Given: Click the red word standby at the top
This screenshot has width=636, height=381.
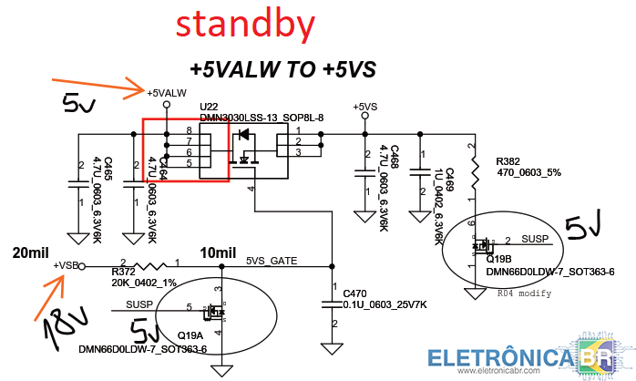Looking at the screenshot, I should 246,26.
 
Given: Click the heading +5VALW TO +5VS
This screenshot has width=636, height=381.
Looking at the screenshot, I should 282,69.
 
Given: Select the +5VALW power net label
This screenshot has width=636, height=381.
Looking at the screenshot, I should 168,93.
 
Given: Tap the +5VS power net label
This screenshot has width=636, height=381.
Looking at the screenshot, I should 364,107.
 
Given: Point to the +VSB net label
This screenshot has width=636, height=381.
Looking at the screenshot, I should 66,265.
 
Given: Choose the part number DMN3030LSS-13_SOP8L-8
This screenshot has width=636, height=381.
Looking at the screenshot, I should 262,118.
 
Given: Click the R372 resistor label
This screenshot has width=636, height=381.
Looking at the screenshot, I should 123,272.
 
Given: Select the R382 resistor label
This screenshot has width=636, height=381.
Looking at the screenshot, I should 508,160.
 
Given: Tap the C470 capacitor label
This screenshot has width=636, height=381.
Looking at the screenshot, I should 354,293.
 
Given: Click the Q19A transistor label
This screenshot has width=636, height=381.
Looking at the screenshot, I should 190,335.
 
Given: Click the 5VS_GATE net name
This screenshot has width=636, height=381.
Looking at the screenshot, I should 272,261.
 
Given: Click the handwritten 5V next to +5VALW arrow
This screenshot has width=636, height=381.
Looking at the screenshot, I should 77,107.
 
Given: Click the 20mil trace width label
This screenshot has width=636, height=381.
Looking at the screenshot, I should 30,252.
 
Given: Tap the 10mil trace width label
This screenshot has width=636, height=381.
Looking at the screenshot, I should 219,252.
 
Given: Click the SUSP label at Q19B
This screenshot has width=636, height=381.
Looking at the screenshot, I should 535,239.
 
